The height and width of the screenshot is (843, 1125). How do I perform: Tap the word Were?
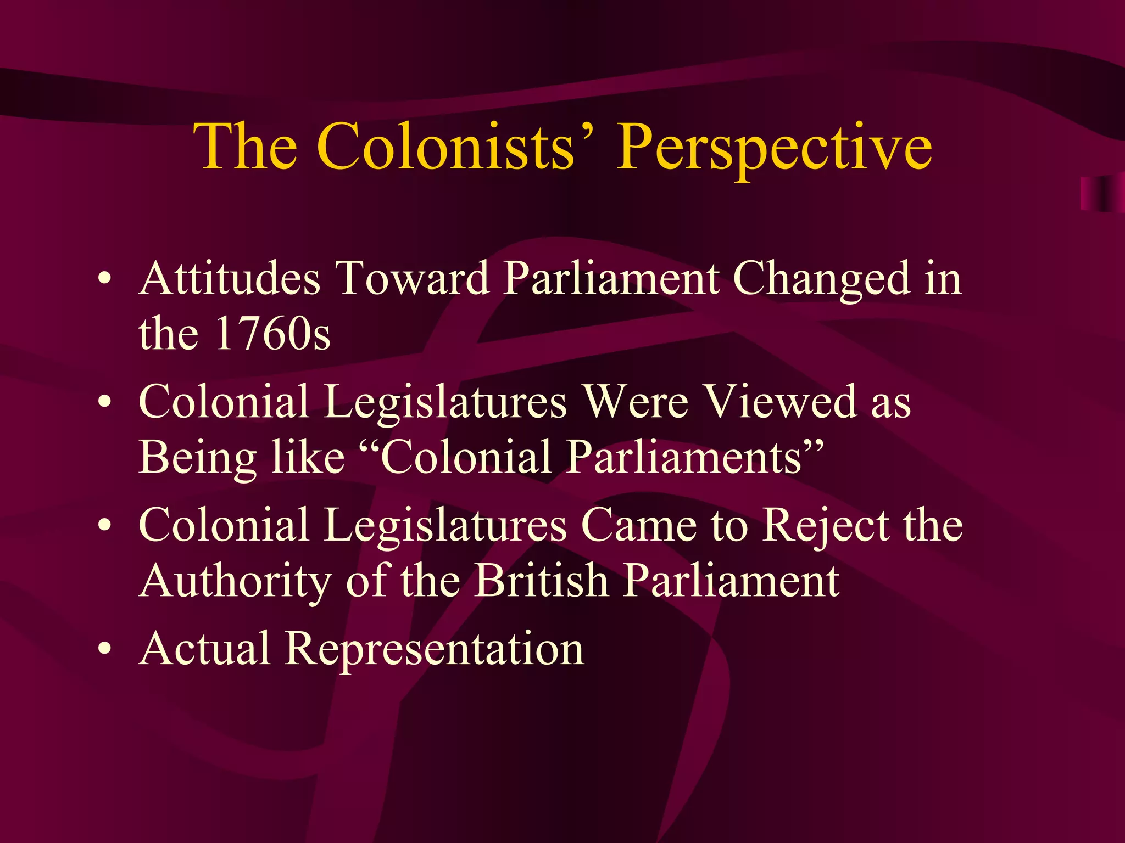coord(635,402)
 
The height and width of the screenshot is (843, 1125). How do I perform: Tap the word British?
coord(542,580)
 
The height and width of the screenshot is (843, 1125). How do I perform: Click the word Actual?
coord(205,648)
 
